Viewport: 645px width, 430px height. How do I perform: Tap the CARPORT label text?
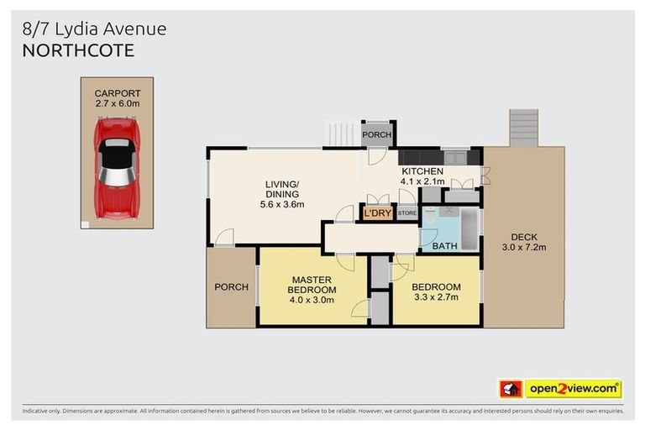pyautogui.click(x=117, y=93)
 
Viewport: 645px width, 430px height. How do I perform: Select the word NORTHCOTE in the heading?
pyautogui.click(x=77, y=50)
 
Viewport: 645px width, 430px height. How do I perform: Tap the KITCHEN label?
pyautogui.click(x=422, y=171)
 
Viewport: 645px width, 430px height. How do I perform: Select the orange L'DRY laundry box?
pyautogui.click(x=378, y=214)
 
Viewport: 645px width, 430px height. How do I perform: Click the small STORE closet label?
pyautogui.click(x=406, y=214)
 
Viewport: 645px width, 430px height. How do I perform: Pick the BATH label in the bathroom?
pyautogui.click(x=443, y=246)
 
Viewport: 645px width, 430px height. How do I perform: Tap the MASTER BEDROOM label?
pyautogui.click(x=312, y=285)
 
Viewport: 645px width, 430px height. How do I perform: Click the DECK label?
pyautogui.click(x=524, y=237)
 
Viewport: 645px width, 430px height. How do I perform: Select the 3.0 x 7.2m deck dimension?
pyautogui.click(x=524, y=248)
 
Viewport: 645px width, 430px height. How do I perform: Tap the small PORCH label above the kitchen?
pyautogui.click(x=375, y=134)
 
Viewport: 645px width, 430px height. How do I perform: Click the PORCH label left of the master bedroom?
pyautogui.click(x=231, y=287)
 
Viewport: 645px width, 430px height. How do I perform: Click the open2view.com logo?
pyautogui.click(x=573, y=389)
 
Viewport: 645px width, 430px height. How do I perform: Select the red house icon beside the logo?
pyautogui.click(x=511, y=389)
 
